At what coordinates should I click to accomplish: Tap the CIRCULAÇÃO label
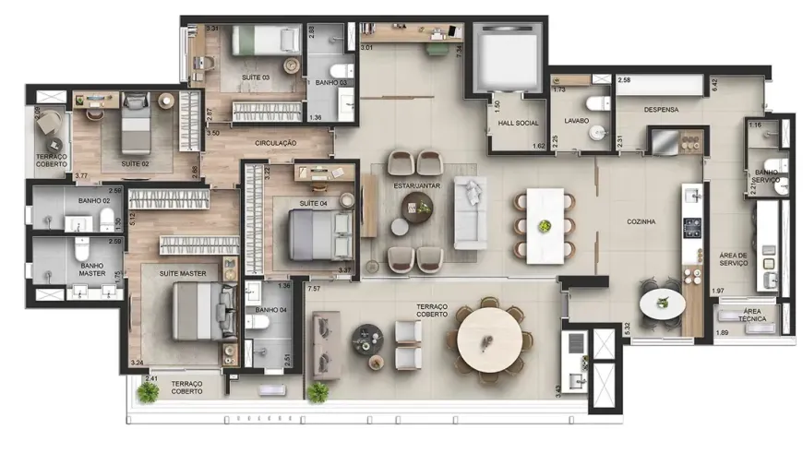tap(275, 143)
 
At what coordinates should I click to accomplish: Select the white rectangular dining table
tap(545, 225)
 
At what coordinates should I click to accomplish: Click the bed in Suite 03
tap(263, 41)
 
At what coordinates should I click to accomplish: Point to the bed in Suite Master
tap(203, 311)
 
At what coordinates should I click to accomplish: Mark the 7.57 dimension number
tap(314, 288)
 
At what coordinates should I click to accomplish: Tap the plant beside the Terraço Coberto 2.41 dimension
tap(147, 391)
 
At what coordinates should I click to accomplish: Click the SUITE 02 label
tap(135, 163)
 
